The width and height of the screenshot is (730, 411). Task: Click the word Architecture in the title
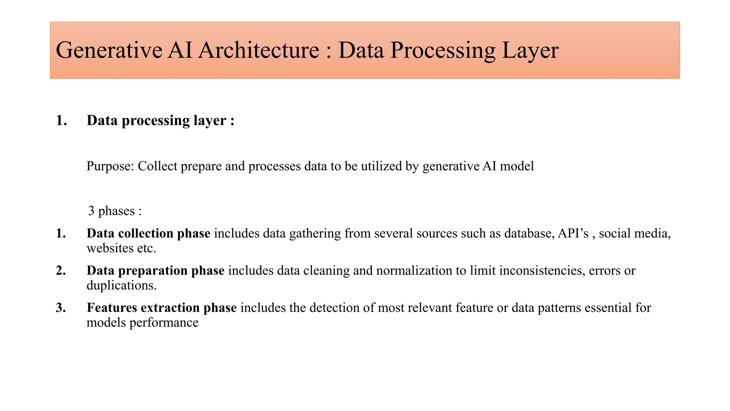[258, 50]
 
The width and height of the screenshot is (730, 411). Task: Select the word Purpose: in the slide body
[110, 166]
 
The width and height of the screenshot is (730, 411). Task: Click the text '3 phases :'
[115, 211]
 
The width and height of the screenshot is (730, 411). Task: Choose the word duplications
[122, 285]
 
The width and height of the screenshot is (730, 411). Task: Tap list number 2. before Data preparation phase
[61, 270]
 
